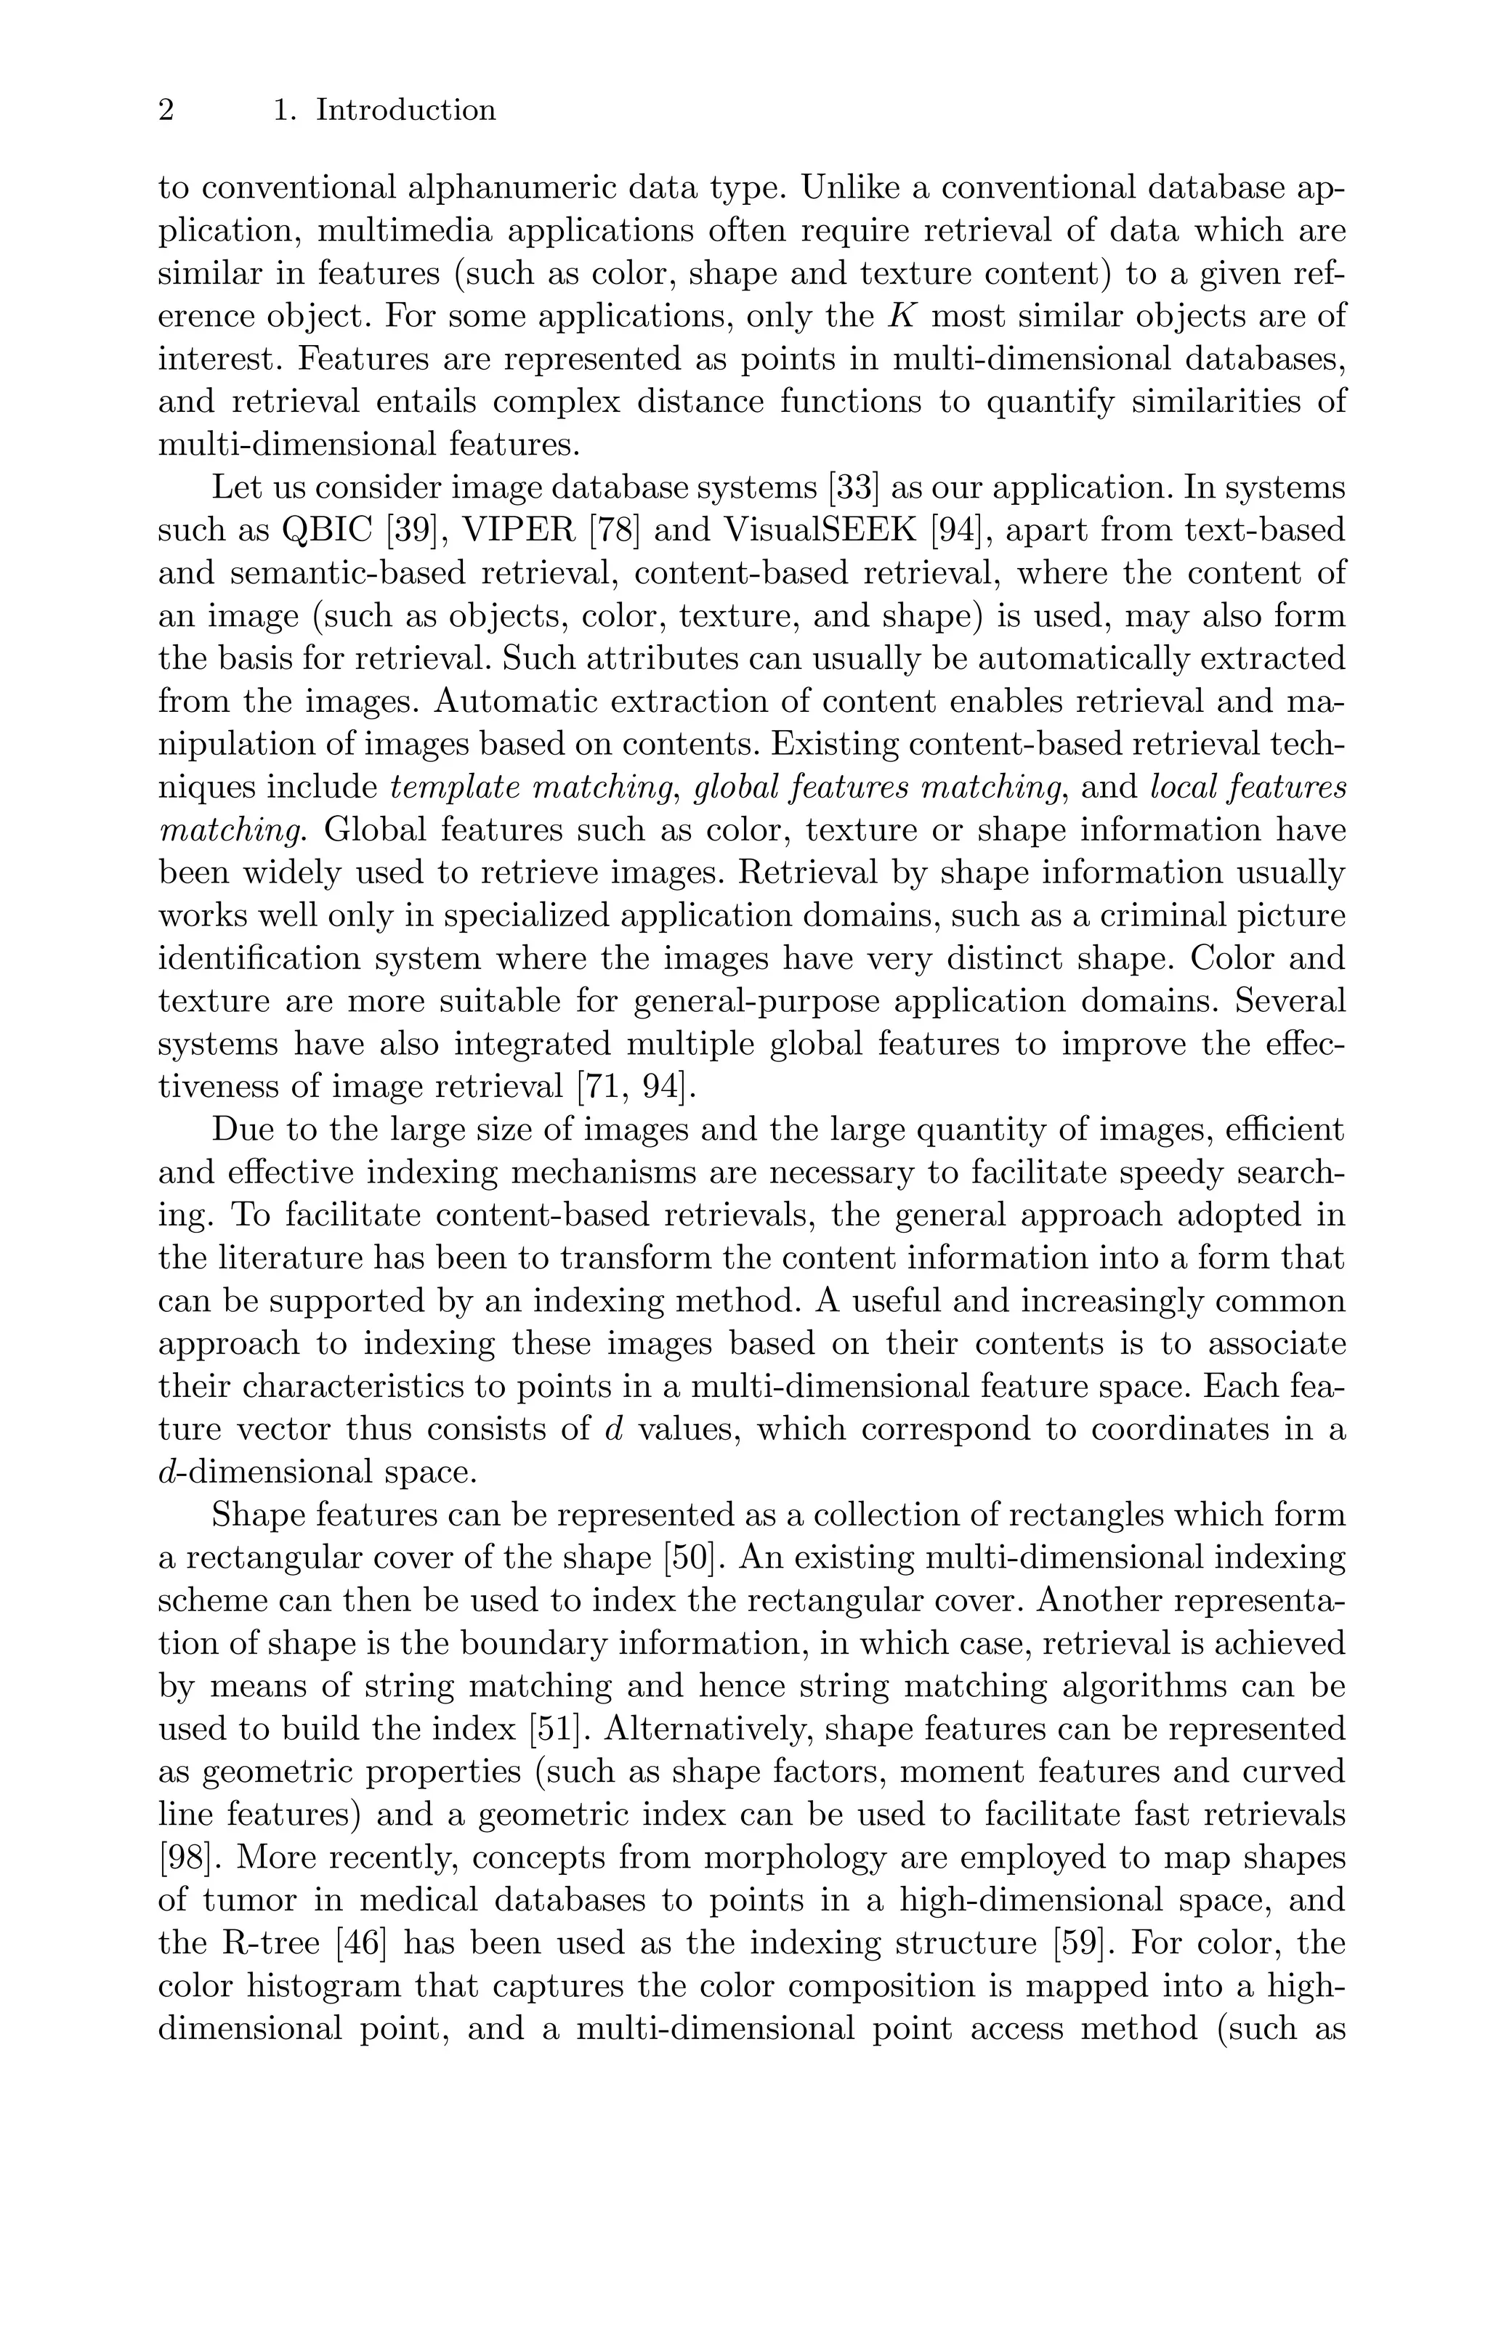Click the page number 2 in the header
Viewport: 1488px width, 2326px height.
pos(166,111)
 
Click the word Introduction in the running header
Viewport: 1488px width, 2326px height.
pos(406,111)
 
